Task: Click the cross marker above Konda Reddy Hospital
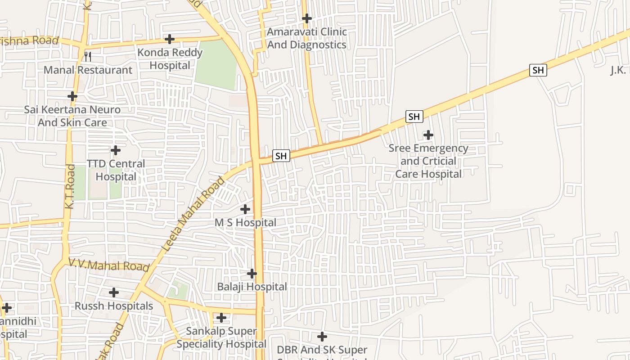(169, 39)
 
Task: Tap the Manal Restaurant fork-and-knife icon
(88, 57)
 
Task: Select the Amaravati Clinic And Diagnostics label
(306, 38)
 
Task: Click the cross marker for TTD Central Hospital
(116, 150)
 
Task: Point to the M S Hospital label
(245, 223)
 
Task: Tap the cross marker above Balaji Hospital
(252, 274)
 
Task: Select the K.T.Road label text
(70, 186)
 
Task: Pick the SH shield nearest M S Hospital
(281, 156)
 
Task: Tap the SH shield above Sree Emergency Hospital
(414, 117)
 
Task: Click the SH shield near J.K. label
(538, 70)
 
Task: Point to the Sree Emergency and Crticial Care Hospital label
(428, 161)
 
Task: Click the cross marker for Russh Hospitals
(114, 292)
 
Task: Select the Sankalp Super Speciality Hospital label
(221, 337)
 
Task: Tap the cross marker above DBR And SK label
(322, 336)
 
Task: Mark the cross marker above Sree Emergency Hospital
(428, 135)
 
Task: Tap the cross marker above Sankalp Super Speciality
(221, 318)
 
